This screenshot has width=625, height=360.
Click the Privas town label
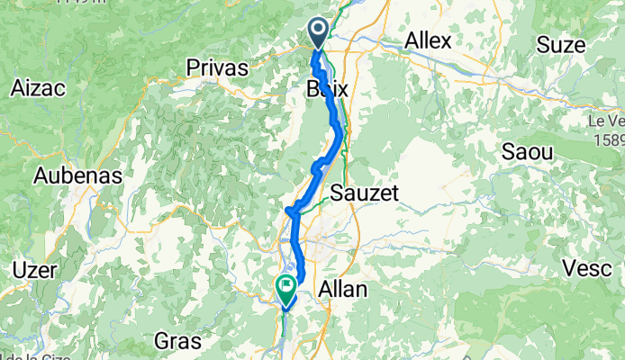click(x=216, y=67)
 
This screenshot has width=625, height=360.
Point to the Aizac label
click(x=36, y=88)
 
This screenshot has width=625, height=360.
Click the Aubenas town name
click(x=77, y=175)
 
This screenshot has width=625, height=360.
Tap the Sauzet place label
click(x=364, y=193)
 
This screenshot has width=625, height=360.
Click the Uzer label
click(x=35, y=270)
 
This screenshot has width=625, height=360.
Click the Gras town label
click(x=177, y=340)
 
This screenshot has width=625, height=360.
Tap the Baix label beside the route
click(x=327, y=90)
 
